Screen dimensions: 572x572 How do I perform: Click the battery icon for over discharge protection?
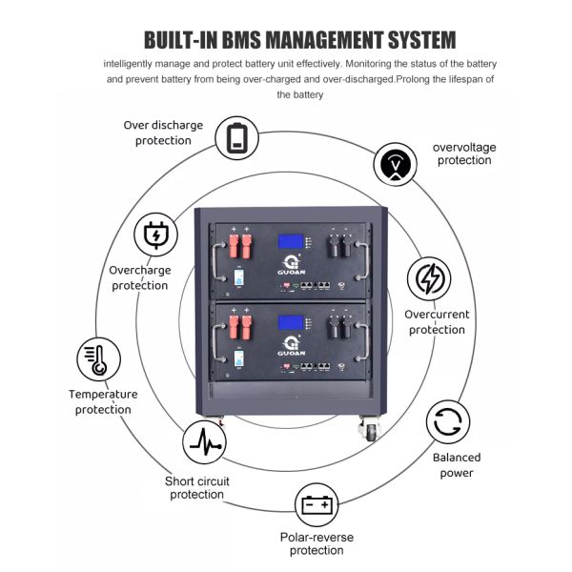pyautogui.click(x=236, y=137)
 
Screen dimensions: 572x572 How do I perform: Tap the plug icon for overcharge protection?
pyautogui.click(x=153, y=235)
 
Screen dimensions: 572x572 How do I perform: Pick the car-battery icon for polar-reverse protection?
pyautogui.click(x=316, y=503)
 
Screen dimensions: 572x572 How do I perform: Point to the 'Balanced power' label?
pyautogui.click(x=457, y=465)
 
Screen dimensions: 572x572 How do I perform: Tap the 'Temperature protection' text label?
pyautogui.click(x=103, y=401)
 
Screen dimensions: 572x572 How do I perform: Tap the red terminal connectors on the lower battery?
pyautogui.click(x=238, y=330)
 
